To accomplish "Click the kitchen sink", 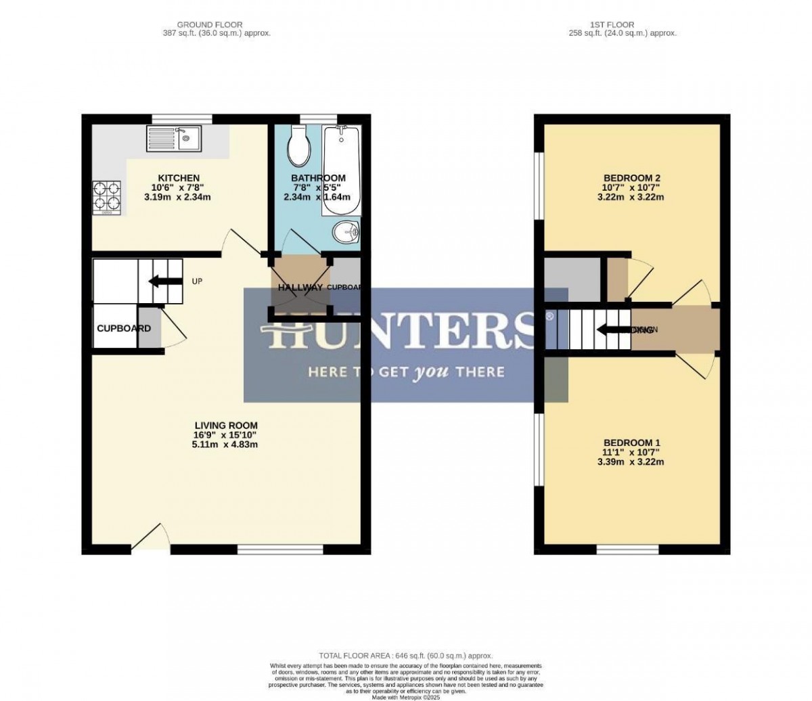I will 173,139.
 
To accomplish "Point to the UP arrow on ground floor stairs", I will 160,281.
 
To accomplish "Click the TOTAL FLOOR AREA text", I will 406,656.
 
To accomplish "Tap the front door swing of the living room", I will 149,536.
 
